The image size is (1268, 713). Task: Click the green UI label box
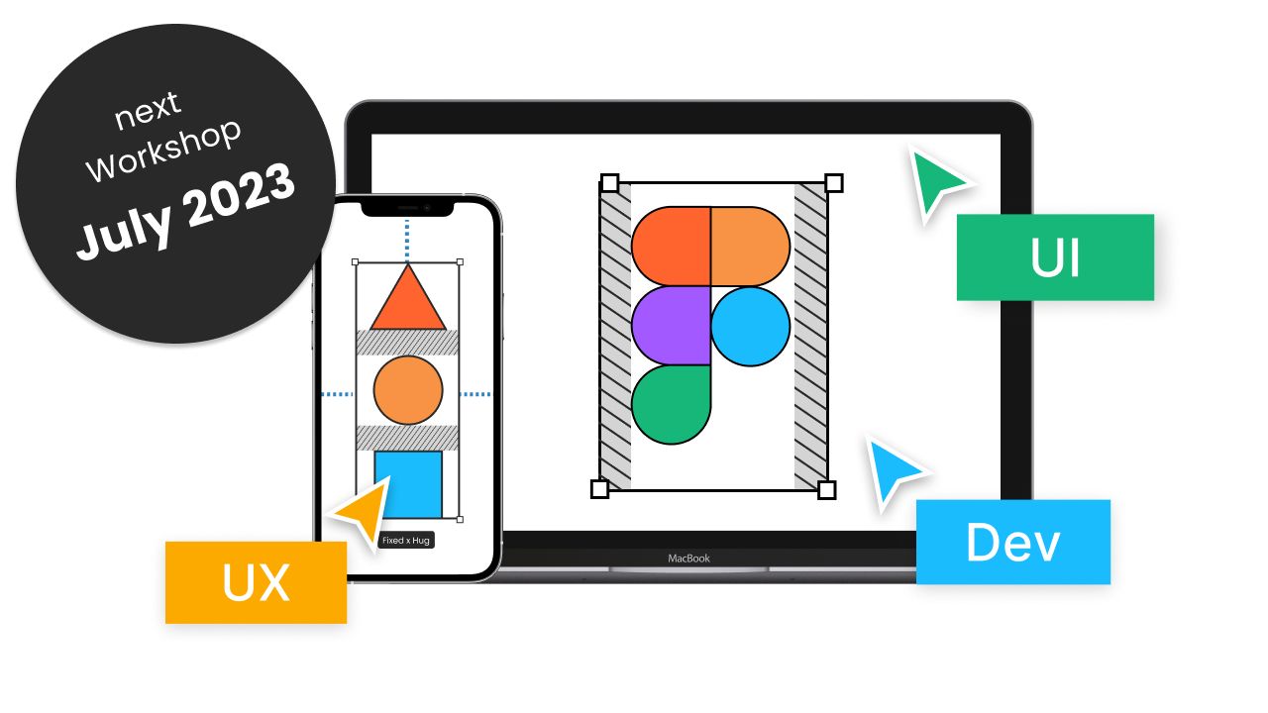1055,257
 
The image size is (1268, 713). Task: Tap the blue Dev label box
1012,542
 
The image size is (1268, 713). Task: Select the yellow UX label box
256,582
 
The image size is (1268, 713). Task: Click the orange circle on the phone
407,390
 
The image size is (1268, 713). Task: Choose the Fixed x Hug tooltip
406,541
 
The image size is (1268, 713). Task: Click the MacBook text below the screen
688,559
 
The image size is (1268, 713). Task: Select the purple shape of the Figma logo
670,325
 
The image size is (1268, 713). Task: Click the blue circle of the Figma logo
751,326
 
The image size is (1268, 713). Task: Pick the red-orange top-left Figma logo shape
671,246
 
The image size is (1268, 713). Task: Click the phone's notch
406,207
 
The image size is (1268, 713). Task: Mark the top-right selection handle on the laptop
834,182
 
